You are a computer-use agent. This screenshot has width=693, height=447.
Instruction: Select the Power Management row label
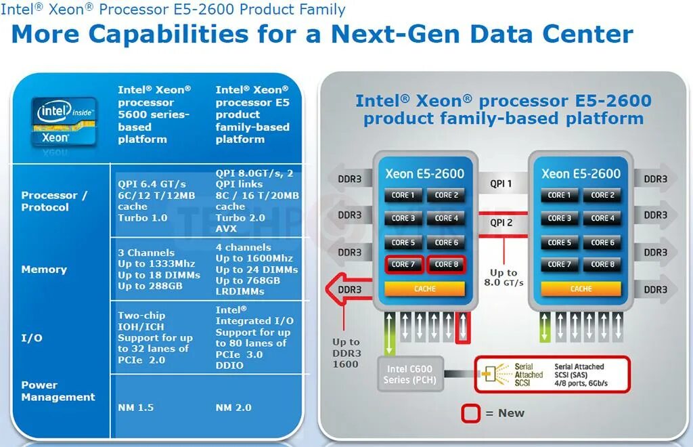click(58, 391)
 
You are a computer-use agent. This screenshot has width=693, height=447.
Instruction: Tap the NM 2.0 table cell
click(233, 407)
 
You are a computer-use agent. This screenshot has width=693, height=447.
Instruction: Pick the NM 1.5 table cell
click(135, 407)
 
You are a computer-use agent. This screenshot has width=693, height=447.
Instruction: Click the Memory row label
click(44, 270)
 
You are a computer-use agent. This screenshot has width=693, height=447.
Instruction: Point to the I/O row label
click(32, 337)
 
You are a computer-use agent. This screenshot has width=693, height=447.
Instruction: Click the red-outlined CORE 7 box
click(404, 264)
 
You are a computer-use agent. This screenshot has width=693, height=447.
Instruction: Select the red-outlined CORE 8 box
click(447, 264)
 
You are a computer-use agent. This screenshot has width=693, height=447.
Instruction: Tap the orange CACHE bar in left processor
click(425, 289)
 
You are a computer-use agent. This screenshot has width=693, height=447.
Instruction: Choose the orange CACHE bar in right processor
click(581, 289)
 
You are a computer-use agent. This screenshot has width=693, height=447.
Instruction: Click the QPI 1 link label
click(501, 184)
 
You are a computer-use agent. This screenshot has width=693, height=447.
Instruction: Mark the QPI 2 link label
click(501, 222)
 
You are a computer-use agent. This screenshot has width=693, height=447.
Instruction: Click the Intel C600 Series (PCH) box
click(410, 374)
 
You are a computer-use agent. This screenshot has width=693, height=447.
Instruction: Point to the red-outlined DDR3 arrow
click(349, 289)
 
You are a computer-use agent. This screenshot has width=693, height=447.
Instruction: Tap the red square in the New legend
click(470, 413)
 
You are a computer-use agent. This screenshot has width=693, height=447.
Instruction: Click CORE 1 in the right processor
click(559, 195)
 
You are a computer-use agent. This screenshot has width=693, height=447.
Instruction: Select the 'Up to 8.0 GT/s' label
click(504, 278)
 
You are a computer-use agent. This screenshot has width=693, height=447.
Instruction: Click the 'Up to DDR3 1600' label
click(346, 353)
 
